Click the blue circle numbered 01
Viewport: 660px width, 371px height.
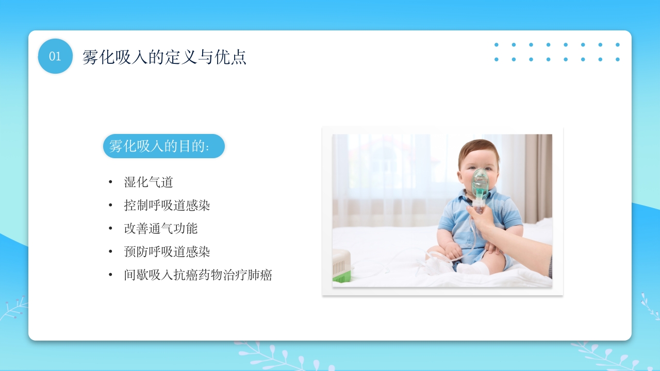point(55,56)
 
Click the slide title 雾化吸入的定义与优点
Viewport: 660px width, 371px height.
point(164,57)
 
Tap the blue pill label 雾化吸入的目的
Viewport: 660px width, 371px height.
point(164,146)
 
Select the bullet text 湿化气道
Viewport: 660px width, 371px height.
point(148,182)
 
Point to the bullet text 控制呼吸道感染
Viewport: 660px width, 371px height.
point(167,206)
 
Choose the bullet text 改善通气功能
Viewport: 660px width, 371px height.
point(161,229)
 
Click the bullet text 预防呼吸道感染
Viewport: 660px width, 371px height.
point(167,252)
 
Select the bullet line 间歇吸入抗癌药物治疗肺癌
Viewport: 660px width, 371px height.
point(198,275)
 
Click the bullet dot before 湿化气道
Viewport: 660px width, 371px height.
point(110,182)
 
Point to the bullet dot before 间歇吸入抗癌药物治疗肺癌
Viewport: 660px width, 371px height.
point(110,275)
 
